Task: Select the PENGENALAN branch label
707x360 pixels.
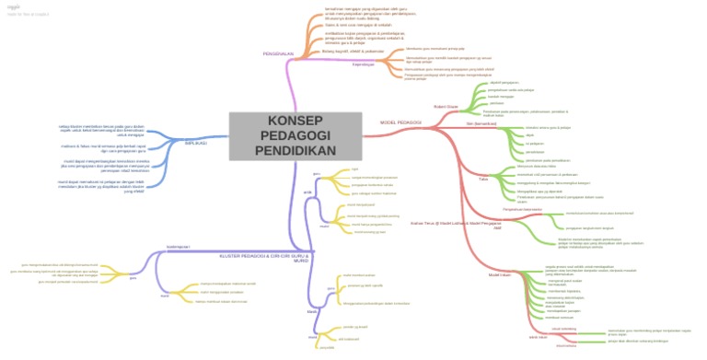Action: [x=278, y=54]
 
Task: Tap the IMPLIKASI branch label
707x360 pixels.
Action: [x=196, y=143]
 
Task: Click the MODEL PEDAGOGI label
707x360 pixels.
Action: [x=400, y=122]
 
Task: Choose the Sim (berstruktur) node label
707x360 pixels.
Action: [x=481, y=123]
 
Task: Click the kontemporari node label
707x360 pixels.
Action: [x=177, y=248]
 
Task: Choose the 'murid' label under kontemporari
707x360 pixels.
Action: [x=164, y=295]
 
